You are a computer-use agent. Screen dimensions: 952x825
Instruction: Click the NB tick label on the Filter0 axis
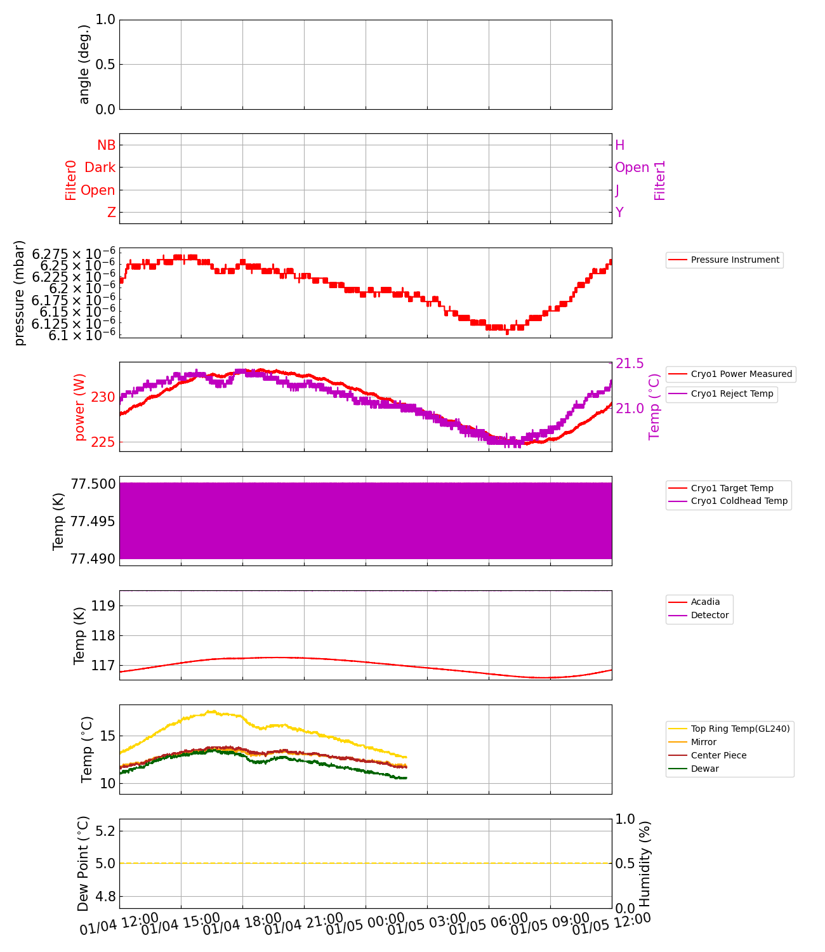point(106,145)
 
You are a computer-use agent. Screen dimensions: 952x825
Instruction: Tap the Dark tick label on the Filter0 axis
point(100,168)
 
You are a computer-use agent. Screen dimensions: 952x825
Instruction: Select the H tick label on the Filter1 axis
point(619,145)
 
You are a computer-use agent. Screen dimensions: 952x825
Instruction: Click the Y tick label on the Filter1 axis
point(619,213)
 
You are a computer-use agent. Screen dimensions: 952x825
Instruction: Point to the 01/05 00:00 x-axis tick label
point(366,925)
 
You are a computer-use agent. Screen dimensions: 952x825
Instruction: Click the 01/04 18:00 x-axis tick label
point(242,925)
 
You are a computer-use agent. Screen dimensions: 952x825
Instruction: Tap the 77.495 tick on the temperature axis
point(93,521)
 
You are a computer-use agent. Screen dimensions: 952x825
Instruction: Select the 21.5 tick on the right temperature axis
point(629,364)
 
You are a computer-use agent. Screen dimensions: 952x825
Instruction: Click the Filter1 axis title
point(660,180)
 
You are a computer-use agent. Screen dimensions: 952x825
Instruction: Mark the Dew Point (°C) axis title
point(83,863)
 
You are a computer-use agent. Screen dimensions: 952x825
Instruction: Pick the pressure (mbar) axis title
point(20,293)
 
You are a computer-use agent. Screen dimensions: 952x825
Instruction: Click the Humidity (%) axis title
point(645,863)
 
